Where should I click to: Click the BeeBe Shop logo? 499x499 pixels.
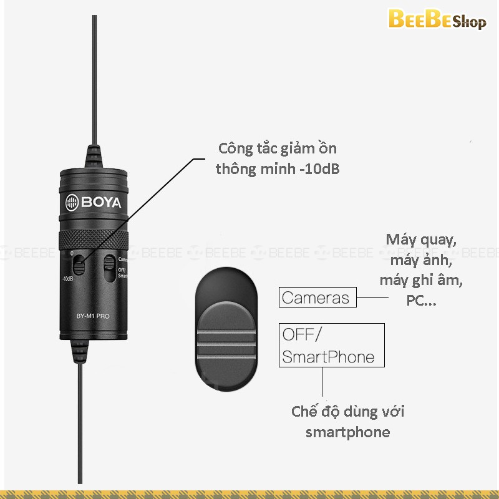436,21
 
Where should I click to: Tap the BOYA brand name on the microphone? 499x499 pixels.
100,203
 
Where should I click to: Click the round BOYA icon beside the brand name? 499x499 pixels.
72,203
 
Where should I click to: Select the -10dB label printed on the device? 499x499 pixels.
69,279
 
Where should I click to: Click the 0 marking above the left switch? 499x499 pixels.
72,253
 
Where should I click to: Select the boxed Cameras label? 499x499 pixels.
317,297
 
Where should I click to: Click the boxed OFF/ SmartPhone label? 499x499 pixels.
331,345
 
